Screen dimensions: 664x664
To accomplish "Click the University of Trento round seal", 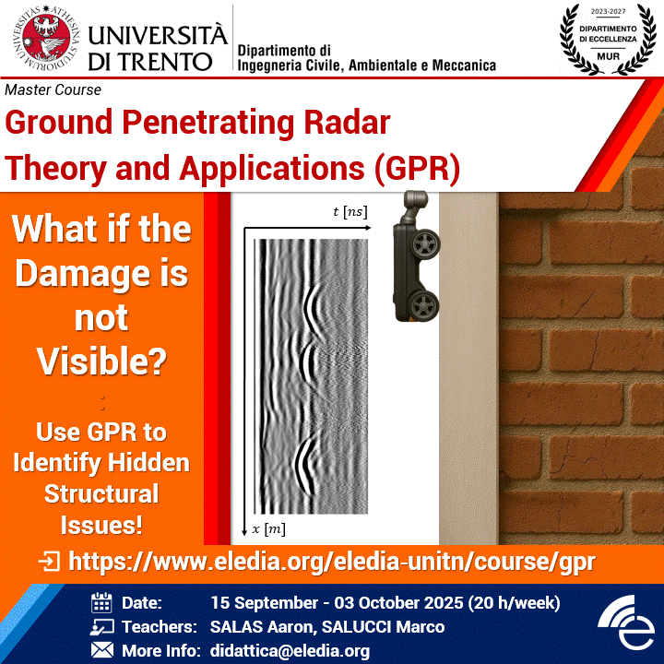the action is point(46,38).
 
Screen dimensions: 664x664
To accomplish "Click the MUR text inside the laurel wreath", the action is point(608,56).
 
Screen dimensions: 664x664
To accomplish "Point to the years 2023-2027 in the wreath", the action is point(608,11).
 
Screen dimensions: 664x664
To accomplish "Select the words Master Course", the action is point(53,89).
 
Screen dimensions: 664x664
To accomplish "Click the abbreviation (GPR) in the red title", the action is point(417,169).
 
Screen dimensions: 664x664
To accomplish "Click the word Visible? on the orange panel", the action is point(101,362).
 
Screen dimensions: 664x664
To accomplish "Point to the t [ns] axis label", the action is point(350,211).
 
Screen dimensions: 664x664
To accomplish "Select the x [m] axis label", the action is point(269,529).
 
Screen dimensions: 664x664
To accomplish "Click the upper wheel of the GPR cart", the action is point(425,243).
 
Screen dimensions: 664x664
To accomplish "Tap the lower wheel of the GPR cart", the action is point(424,305).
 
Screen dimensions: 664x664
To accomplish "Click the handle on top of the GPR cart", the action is point(415,206).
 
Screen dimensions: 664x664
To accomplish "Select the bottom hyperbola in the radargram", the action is point(306,466).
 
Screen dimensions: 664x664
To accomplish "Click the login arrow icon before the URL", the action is point(49,562).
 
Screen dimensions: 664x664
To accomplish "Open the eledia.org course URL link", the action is point(332,562).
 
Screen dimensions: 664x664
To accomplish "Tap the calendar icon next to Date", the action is point(101,602).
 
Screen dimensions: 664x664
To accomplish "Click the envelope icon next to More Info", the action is point(102,650).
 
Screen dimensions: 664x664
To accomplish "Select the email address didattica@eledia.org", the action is point(290,651).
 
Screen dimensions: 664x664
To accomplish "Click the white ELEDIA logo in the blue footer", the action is point(626,622).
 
